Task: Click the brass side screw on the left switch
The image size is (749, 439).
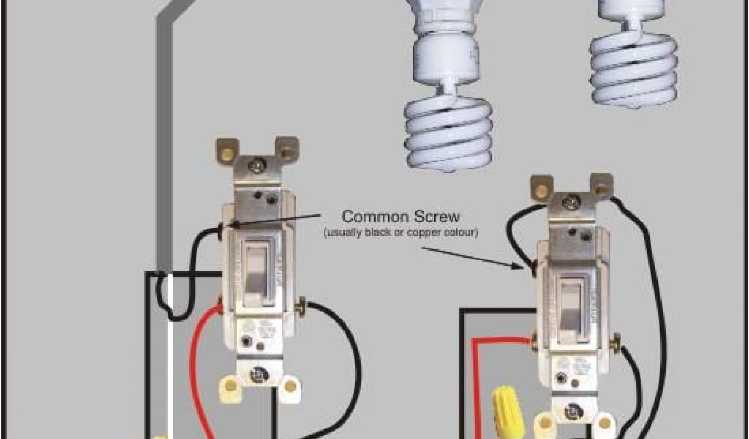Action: tap(302, 304)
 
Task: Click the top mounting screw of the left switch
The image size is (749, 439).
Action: tap(256, 166)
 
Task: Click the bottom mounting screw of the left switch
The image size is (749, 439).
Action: tap(257, 375)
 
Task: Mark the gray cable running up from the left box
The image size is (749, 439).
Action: tap(165, 146)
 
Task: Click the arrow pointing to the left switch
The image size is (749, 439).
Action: tap(278, 219)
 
